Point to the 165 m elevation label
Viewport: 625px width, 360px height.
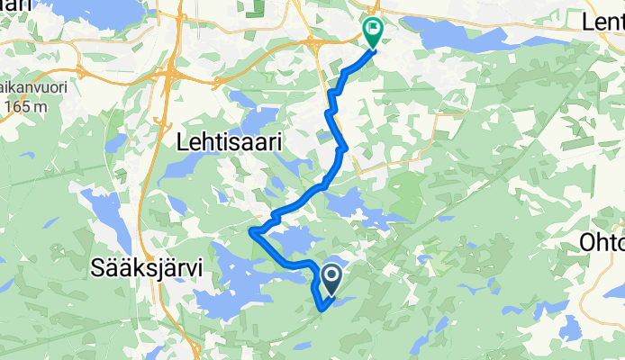click(x=24, y=107)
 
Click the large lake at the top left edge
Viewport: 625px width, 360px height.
click(x=81, y=9)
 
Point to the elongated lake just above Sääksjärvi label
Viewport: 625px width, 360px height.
click(x=108, y=216)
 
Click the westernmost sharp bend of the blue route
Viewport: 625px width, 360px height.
click(x=250, y=232)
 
